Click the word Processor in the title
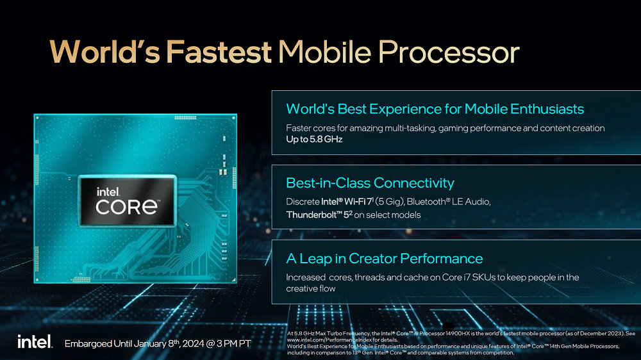pyautogui.click(x=449, y=52)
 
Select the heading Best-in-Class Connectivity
pyautogui.click(x=370, y=183)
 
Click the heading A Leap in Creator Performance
pyautogui.click(x=384, y=258)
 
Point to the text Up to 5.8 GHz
pyautogui.click(x=314, y=140)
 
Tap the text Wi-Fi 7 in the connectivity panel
pyautogui.click(x=359, y=201)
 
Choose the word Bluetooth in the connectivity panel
pyautogui.click(x=426, y=201)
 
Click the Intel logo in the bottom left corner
pyautogui.click(x=35, y=341)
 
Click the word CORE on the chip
pyautogui.click(x=127, y=207)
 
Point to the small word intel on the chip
pyautogui.click(x=108, y=192)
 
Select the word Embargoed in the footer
pyautogui.click(x=88, y=343)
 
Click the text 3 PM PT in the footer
pyautogui.click(x=233, y=343)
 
